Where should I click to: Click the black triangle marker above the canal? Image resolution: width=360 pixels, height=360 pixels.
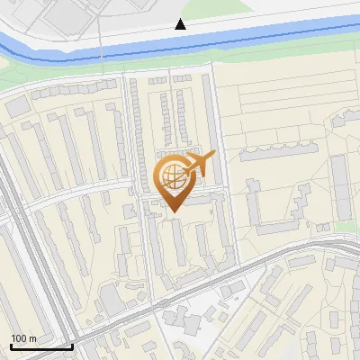point(181,24)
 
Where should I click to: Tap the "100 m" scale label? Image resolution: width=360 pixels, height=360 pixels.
point(24,337)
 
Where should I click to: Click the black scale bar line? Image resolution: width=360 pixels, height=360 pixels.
point(41,346)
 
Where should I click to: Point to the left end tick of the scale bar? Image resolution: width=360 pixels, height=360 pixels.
point(11,345)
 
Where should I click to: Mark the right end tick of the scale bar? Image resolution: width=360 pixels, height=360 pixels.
point(72,345)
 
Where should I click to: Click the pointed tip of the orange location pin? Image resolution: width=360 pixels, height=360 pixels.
point(172,211)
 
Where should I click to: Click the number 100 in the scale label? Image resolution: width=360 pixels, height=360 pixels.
point(19,337)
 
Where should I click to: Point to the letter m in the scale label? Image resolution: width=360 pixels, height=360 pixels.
point(33,338)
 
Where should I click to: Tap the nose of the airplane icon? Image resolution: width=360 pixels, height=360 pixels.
point(213,157)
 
